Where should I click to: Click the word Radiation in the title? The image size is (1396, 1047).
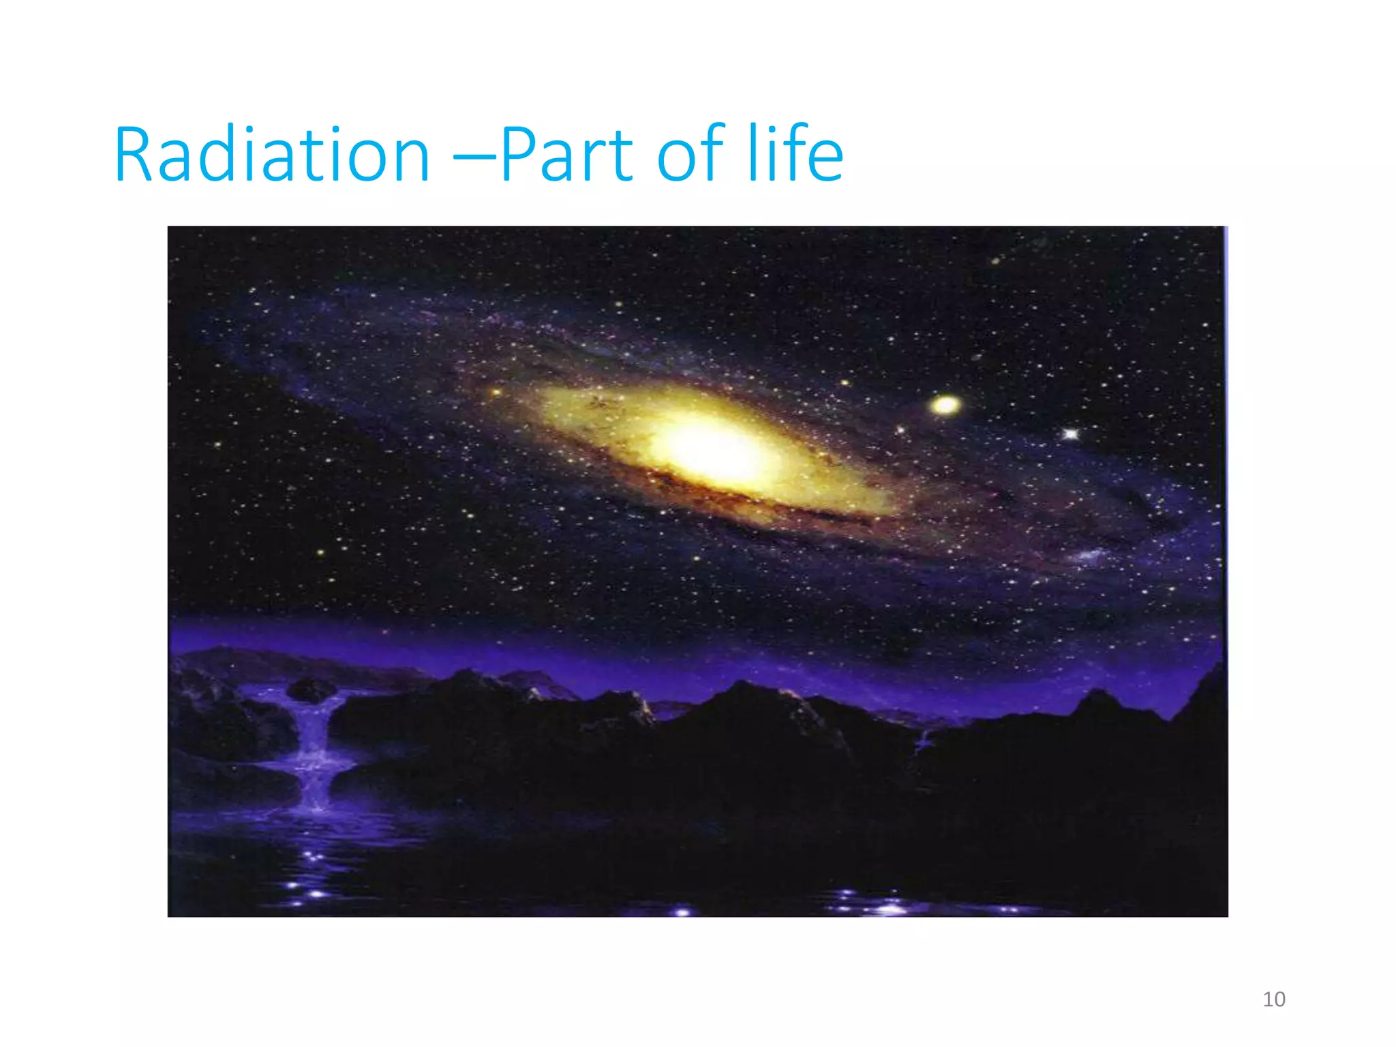click(x=271, y=155)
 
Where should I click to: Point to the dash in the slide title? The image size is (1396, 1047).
click(x=475, y=160)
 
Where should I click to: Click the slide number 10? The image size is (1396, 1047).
click(x=1273, y=999)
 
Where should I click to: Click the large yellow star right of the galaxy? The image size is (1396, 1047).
click(x=945, y=406)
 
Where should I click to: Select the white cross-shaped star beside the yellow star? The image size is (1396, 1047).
click(x=1071, y=434)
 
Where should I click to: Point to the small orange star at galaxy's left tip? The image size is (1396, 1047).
click(x=496, y=393)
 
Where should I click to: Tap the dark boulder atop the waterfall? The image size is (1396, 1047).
click(x=312, y=691)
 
